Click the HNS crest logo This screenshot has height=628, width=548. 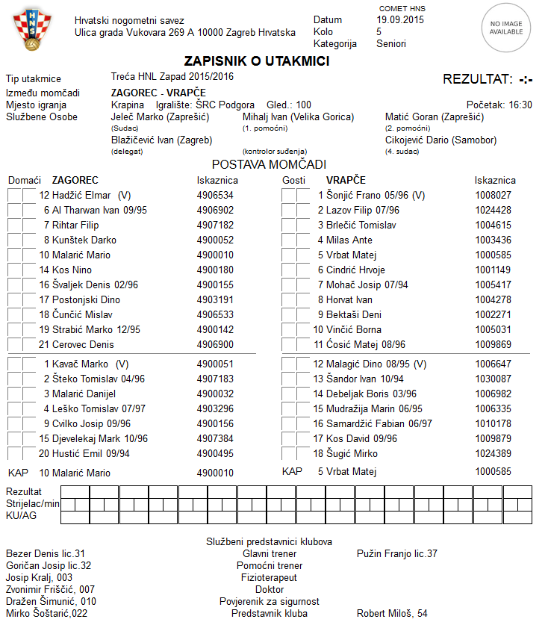tap(33, 30)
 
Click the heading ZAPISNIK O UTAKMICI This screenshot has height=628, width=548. tap(257, 61)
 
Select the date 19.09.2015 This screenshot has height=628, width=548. tap(400, 20)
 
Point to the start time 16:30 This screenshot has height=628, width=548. tap(520, 105)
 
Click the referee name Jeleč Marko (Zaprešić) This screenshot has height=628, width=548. tap(160, 117)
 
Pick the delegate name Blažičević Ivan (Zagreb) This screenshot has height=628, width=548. tap(161, 140)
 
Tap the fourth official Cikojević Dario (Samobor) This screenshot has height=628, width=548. tap(440, 140)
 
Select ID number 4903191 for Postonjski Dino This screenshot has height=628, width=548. tap(215, 300)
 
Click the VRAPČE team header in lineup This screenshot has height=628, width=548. tap(346, 180)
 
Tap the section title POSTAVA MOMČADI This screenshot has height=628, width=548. tap(269, 164)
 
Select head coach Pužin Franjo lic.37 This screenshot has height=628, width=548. tap(397, 554)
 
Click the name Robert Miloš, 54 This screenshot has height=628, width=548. tap(392, 614)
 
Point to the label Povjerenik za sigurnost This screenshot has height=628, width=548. tap(269, 602)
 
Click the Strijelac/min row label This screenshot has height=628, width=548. tap(32, 504)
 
